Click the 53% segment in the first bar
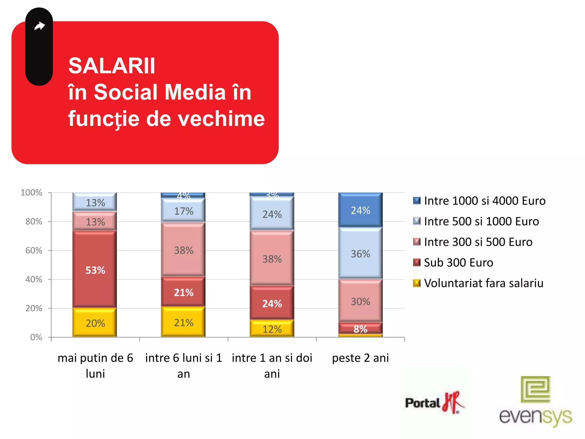tap(95, 270)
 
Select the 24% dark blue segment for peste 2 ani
tap(360, 210)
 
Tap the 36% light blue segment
tap(360, 254)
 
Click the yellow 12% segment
tap(272, 329)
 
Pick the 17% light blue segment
tap(183, 211)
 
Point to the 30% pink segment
tap(360, 301)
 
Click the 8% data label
tap(360, 329)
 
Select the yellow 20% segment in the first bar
tap(95, 323)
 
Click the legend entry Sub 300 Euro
tap(458, 262)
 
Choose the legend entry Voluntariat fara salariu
tap(483, 283)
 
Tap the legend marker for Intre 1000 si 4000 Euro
tap(417, 201)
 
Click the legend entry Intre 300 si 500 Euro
tap(478, 242)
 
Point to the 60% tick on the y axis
tap(34, 250)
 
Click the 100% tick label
tap(31, 192)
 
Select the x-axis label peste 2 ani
tap(360, 358)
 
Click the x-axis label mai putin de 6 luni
tap(95, 366)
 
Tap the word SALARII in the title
tap(112, 66)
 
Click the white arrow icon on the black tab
tap(39, 26)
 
